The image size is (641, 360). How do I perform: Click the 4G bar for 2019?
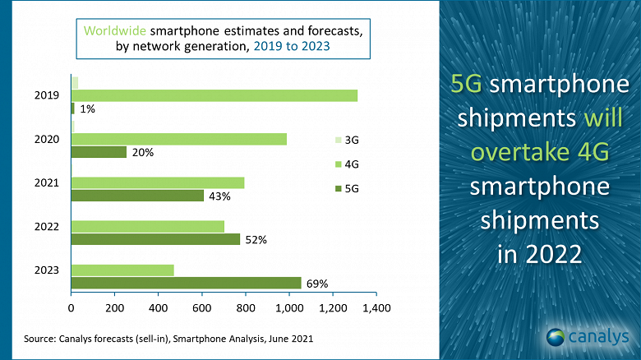[x=214, y=95]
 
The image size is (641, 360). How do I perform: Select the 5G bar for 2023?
[x=187, y=284]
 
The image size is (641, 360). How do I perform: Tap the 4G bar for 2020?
[x=179, y=139]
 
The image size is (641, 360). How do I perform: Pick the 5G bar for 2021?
[x=137, y=196]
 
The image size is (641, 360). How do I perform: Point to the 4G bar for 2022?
[x=148, y=226]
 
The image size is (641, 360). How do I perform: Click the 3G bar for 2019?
[x=75, y=82]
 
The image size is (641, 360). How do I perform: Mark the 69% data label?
[x=317, y=284]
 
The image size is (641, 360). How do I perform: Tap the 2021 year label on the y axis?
[x=46, y=182]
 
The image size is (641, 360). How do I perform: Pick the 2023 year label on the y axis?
[x=46, y=270]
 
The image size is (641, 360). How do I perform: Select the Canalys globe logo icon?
[x=556, y=336]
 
